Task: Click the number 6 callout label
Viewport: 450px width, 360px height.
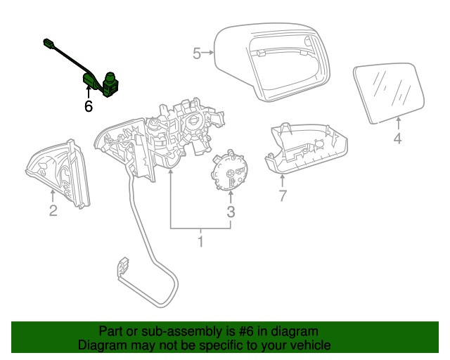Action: coord(89,107)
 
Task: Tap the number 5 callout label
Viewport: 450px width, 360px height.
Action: coord(198,53)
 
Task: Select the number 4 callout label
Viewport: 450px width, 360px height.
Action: coord(397,139)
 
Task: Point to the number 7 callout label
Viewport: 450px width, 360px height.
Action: coord(283,196)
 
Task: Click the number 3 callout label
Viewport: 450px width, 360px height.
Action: coord(231,211)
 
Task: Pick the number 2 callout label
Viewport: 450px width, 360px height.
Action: coord(53,210)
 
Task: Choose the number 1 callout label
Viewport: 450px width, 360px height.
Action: coord(200,243)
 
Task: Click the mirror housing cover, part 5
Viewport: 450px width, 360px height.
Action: coord(271,63)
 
